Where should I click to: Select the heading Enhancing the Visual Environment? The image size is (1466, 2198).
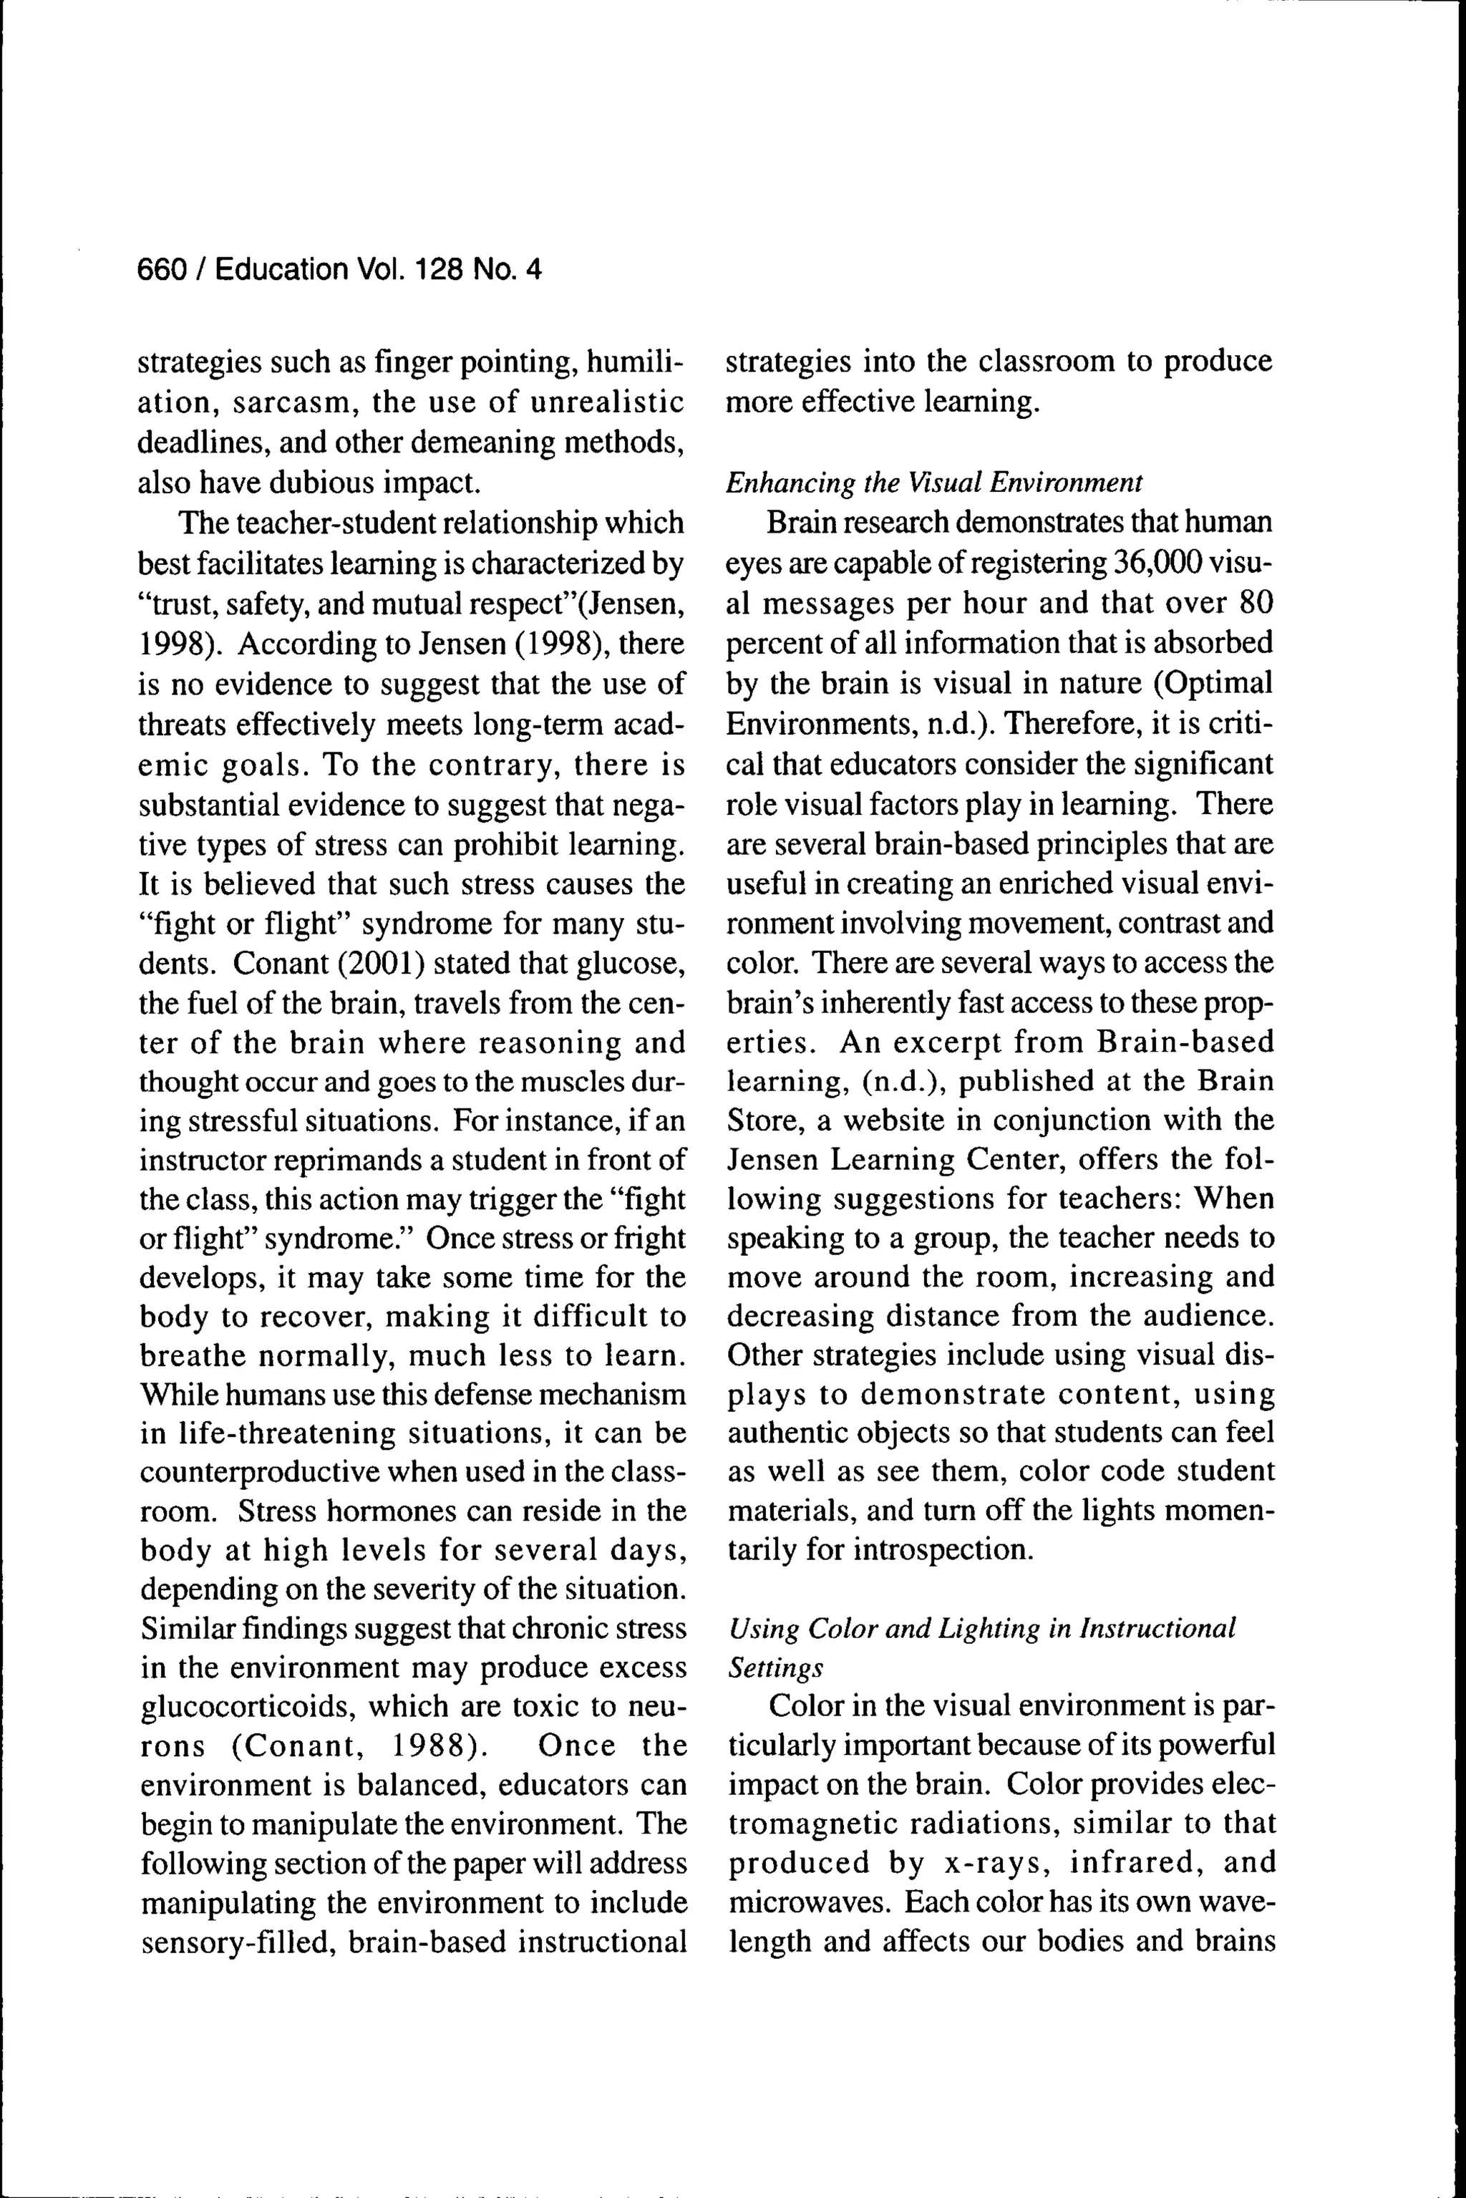(934, 483)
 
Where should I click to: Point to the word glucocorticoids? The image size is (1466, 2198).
(245, 1706)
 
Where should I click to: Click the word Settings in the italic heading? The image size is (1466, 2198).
(775, 1668)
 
